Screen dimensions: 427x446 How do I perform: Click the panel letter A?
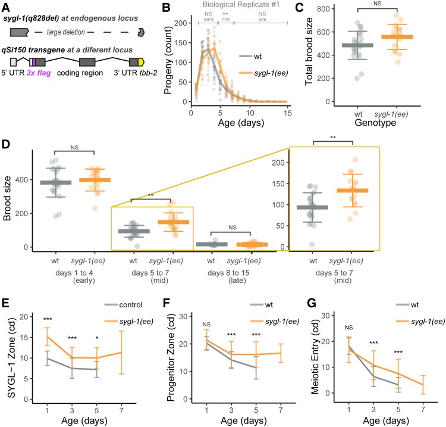pos(7,7)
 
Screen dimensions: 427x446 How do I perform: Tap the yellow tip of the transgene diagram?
pos(141,62)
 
